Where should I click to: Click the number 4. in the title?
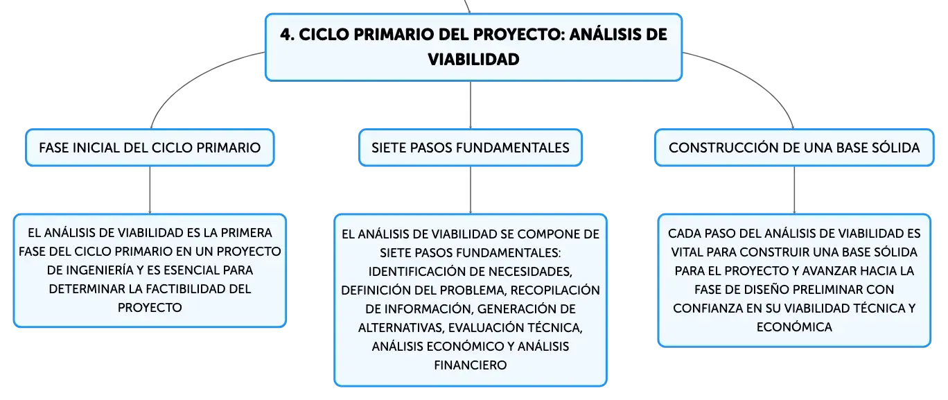(x=287, y=35)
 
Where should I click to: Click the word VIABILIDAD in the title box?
(x=473, y=59)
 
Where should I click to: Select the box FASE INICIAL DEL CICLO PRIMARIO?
(x=150, y=148)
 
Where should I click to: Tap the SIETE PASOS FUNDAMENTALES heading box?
(x=471, y=148)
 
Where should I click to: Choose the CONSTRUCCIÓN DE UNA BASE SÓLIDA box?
(x=794, y=148)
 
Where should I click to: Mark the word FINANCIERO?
(x=471, y=365)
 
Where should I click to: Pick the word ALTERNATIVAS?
(x=401, y=328)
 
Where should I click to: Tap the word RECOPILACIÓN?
(x=555, y=290)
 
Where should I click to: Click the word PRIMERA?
(x=246, y=233)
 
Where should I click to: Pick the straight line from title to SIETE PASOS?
(x=471, y=105)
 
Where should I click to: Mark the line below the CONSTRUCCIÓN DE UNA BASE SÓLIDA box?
(x=794, y=190)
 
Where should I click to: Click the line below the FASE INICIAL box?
(x=150, y=190)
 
